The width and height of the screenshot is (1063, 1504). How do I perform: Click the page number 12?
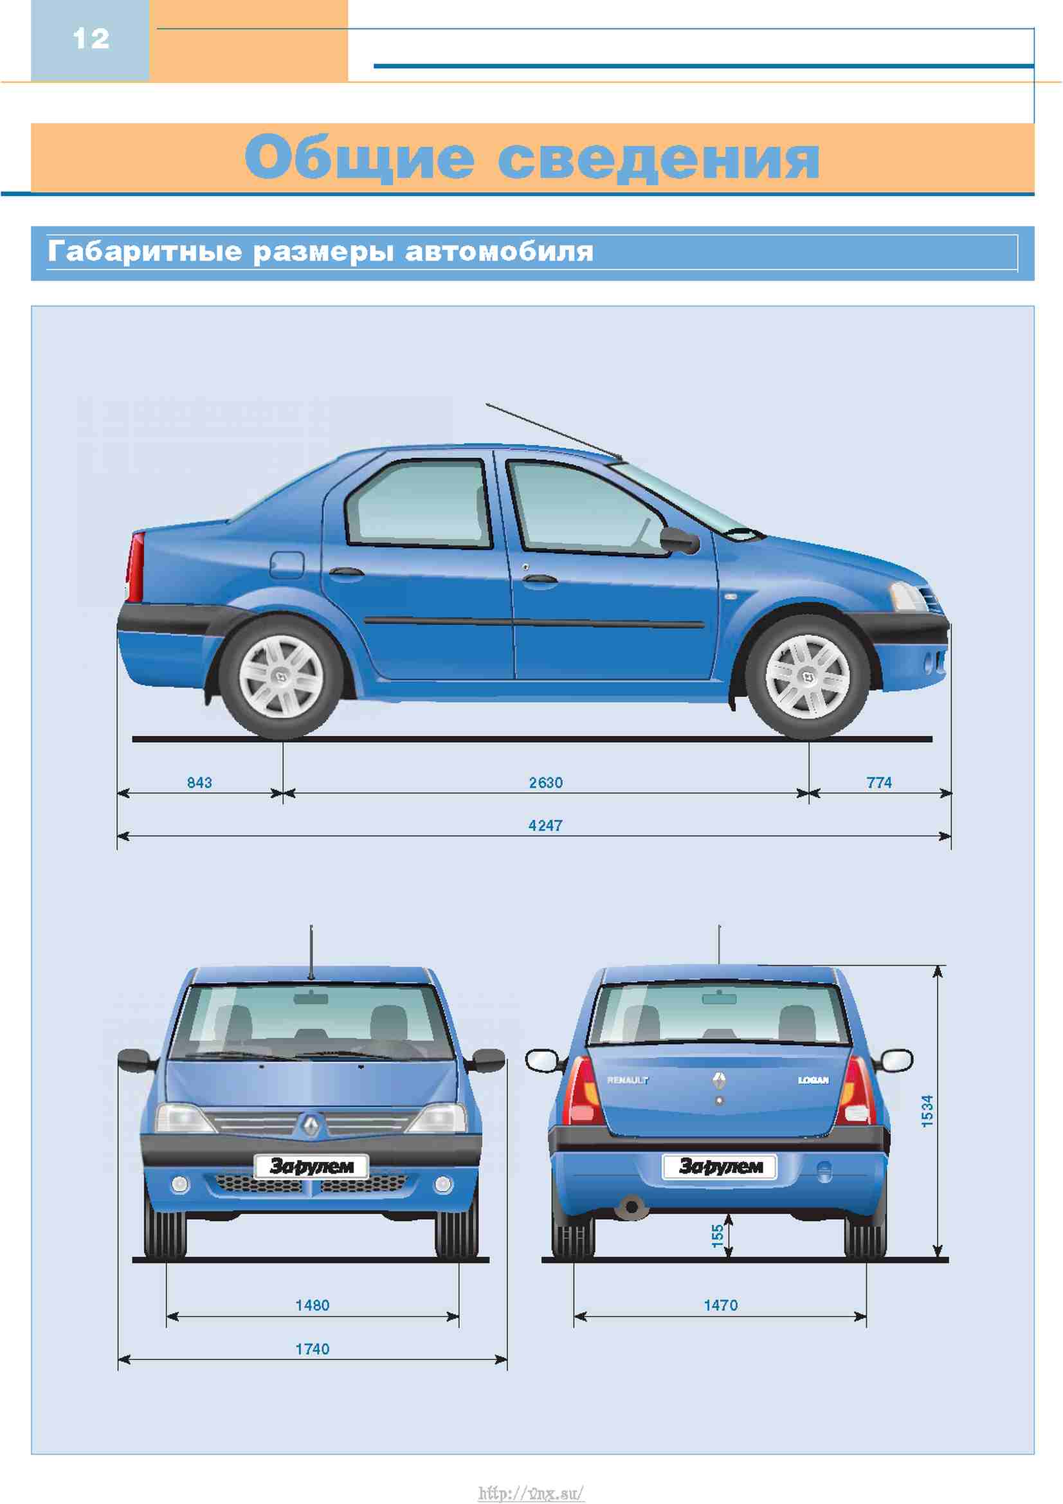click(91, 39)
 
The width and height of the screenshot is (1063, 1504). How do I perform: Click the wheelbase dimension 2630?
click(545, 783)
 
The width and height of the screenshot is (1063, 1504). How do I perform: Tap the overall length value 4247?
click(545, 826)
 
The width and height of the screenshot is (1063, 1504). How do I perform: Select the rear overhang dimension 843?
click(200, 783)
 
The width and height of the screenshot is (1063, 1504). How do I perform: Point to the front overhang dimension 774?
click(879, 783)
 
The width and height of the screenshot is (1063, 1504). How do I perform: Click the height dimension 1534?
click(927, 1111)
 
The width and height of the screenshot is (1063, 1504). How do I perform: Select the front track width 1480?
click(313, 1305)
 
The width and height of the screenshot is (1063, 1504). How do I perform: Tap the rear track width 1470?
click(720, 1305)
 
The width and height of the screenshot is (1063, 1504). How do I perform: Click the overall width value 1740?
click(313, 1350)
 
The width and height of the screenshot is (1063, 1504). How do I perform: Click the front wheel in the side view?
click(808, 676)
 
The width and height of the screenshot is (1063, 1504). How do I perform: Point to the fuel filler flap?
click(287, 565)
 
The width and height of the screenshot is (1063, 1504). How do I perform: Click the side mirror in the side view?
click(680, 540)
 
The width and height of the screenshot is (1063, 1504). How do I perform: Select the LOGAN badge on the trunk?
click(813, 1080)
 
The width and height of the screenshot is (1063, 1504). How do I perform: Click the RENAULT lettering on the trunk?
click(628, 1080)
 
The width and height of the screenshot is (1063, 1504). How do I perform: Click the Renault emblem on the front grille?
click(312, 1125)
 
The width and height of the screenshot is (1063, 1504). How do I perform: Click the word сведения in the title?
click(659, 159)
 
